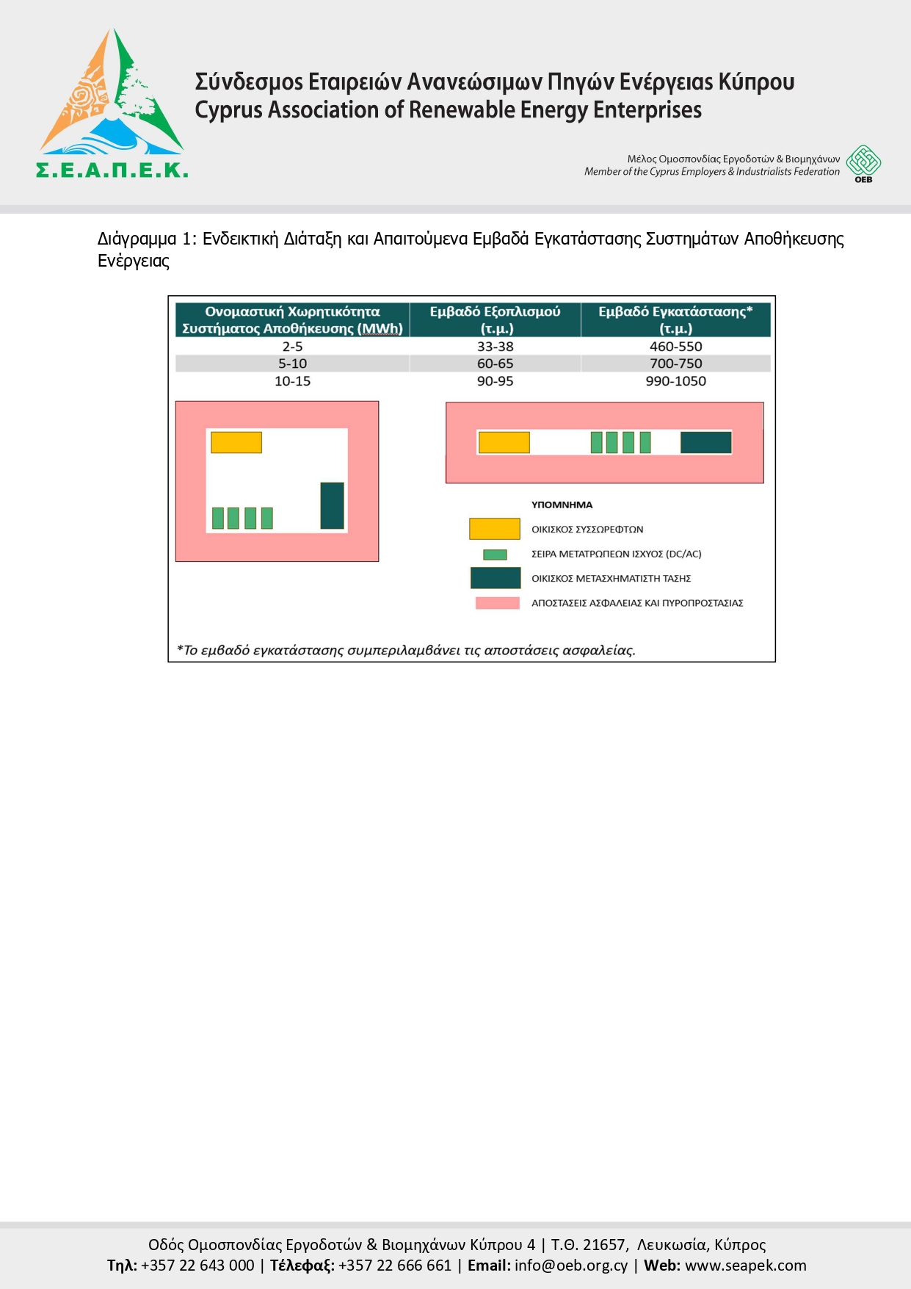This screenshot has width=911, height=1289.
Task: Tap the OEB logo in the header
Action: [x=863, y=163]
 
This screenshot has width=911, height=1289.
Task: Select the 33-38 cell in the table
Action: [x=495, y=346]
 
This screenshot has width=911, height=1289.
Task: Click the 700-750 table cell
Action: [x=675, y=364]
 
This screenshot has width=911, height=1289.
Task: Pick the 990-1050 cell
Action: [x=675, y=381]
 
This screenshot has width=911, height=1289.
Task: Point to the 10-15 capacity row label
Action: [x=292, y=381]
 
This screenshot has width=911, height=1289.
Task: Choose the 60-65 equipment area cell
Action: [x=495, y=364]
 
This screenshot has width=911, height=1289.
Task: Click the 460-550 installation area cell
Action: [x=675, y=346]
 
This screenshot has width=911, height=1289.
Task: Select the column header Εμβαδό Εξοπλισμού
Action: [x=495, y=319]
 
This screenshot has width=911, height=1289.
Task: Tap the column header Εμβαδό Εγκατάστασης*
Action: [x=675, y=319]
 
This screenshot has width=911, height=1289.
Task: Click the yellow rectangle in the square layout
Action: [x=236, y=442]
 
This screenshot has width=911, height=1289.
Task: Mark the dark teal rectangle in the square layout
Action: [x=333, y=505]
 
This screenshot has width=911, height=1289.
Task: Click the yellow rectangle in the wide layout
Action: [x=504, y=442]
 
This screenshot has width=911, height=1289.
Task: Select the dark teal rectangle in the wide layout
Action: [x=706, y=442]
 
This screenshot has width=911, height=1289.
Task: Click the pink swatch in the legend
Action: [x=497, y=603]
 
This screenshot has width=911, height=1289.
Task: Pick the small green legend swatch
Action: [x=495, y=555]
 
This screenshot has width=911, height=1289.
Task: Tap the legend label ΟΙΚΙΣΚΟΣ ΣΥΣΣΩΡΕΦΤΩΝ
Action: [x=587, y=530]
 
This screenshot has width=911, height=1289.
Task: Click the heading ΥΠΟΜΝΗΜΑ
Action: [x=562, y=505]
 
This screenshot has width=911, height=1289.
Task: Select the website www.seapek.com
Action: [x=745, y=1265]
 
